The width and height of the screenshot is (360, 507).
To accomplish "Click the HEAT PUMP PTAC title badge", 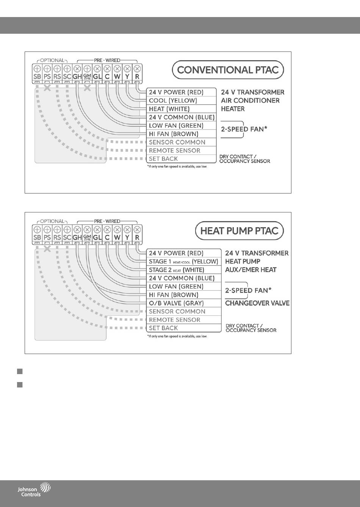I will (239, 231).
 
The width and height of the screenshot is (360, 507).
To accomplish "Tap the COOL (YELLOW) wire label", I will (173, 101).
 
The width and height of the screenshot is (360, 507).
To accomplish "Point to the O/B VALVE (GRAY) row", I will (176, 303).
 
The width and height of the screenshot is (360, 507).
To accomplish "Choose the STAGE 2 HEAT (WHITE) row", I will (177, 270).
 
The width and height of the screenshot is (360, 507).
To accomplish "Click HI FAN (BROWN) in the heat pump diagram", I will (174, 295).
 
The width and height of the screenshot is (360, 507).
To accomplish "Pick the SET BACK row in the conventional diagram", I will (163, 159).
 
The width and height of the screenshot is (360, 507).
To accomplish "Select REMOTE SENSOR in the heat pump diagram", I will (174, 320).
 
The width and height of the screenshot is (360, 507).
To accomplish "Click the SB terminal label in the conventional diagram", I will (37, 77).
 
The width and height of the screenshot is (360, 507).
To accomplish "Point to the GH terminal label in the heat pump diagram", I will (77, 238).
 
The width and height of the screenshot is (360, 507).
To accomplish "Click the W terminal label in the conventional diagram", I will (117, 77).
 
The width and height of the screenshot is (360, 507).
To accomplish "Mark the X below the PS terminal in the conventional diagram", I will (47, 89).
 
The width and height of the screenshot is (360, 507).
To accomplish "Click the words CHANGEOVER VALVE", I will (257, 303).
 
